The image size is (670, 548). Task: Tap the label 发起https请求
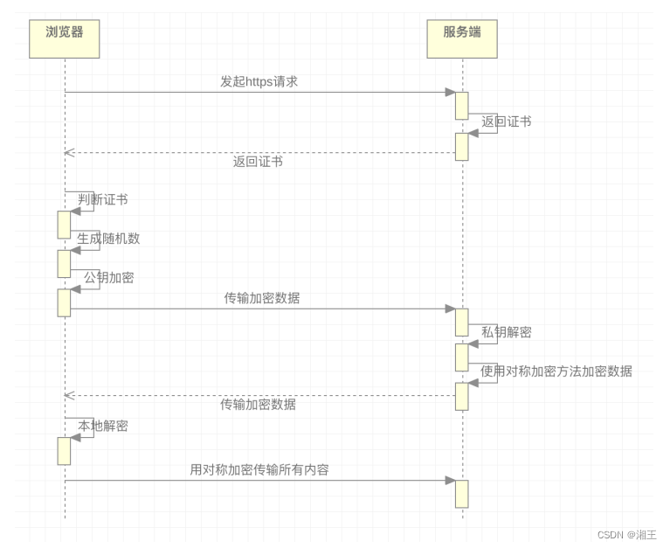click(x=259, y=81)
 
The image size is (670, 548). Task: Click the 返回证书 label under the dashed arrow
click(x=258, y=162)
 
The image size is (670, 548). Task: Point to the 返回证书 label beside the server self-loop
click(x=506, y=121)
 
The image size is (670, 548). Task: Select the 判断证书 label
click(x=103, y=199)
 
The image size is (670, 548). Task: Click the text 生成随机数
click(x=108, y=238)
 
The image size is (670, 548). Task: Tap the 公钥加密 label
click(x=108, y=277)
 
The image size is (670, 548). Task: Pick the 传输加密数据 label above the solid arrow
click(x=262, y=297)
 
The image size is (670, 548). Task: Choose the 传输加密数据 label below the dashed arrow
click(x=258, y=405)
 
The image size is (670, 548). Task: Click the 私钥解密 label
click(x=506, y=332)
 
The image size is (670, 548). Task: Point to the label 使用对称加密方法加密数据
click(x=556, y=371)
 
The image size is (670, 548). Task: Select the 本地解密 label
click(x=103, y=426)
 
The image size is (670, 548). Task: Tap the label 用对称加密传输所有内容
click(x=259, y=469)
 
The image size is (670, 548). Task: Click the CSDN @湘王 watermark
click(x=626, y=534)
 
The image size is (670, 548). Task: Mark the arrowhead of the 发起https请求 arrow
click(x=450, y=92)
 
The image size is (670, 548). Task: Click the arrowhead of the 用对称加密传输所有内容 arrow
click(x=450, y=480)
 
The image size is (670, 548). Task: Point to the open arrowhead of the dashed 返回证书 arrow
click(x=69, y=153)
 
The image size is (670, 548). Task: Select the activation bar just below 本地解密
click(x=64, y=451)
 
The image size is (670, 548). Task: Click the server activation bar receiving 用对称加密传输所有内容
click(x=461, y=493)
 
